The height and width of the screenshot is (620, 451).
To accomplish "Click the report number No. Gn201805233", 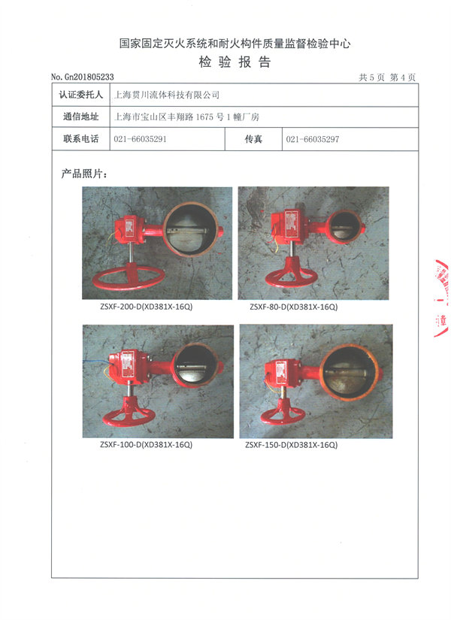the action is (x=82, y=77).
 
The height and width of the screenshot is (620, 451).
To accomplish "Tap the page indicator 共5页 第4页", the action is (x=387, y=77).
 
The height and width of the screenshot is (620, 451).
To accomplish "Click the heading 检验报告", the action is (x=235, y=62).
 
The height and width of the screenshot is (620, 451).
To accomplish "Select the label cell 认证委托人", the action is (x=80, y=95).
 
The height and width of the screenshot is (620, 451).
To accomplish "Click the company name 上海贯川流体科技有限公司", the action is (x=167, y=95).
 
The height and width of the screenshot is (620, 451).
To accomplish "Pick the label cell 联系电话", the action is (x=80, y=139).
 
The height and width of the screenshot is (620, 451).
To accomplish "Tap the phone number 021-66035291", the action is (x=140, y=139).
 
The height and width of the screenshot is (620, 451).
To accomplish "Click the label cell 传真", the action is (x=253, y=139).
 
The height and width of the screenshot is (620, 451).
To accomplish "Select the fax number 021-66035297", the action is (x=313, y=139).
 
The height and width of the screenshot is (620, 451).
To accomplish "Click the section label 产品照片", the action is (x=84, y=174).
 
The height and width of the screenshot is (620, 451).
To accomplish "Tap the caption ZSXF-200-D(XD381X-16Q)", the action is (x=147, y=307).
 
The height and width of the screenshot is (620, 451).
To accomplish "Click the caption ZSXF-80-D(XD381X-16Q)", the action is (x=294, y=307).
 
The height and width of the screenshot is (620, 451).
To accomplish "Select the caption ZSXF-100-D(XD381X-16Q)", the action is (x=147, y=445).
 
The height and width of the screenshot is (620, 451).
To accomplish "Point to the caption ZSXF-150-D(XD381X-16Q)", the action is (x=291, y=445).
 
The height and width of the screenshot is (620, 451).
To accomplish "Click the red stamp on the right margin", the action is (x=441, y=298).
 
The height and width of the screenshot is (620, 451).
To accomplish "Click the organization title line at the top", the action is (x=235, y=44).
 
